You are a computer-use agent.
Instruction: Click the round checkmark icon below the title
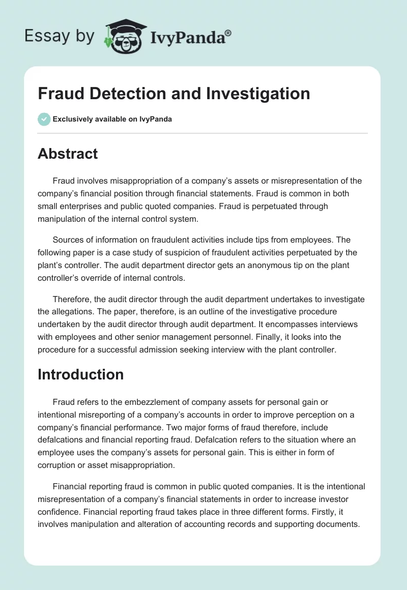44,119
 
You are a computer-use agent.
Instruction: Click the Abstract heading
68,154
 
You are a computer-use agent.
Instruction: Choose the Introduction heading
80,374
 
